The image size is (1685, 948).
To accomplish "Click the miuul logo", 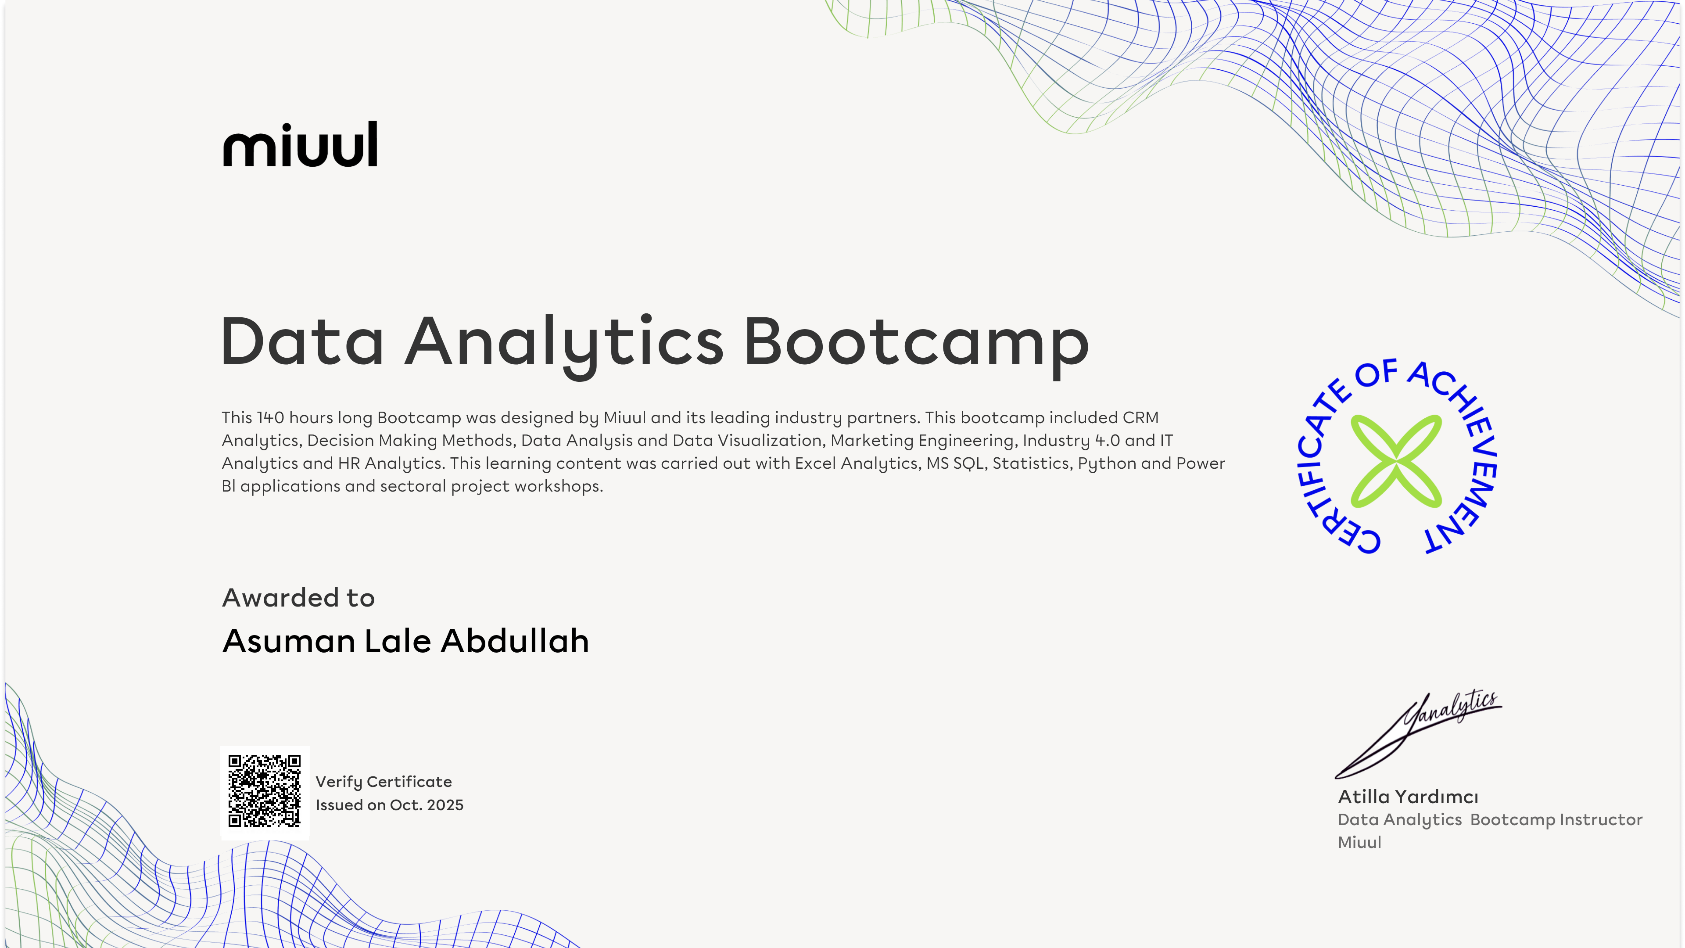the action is click(300, 144).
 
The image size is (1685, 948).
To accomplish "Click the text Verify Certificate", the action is click(384, 782).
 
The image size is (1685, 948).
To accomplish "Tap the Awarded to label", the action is click(298, 597).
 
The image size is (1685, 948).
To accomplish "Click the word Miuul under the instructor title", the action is click(1359, 842).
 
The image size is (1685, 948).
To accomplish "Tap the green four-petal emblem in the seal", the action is click(1396, 461).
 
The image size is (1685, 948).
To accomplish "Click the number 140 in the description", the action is click(270, 417).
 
